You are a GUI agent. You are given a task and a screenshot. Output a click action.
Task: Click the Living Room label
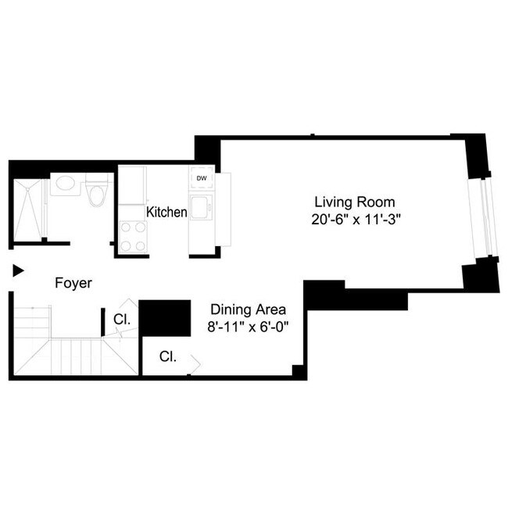(349, 202)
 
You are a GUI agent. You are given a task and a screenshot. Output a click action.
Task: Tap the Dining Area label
(246, 309)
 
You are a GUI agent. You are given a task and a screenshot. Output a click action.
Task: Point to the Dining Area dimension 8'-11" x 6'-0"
(246, 327)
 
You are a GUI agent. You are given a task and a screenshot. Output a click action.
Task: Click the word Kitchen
(166, 212)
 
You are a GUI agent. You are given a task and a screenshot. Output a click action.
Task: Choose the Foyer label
(73, 283)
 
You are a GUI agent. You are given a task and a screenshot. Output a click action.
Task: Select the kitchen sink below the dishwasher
(202, 209)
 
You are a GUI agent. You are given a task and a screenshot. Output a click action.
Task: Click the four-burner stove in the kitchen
(133, 236)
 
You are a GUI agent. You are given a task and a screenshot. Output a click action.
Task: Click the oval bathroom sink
(63, 186)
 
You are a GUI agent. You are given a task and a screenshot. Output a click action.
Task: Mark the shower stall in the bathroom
(29, 209)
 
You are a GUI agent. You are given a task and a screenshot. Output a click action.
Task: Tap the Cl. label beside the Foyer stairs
(121, 319)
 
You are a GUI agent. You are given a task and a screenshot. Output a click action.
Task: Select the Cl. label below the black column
(168, 356)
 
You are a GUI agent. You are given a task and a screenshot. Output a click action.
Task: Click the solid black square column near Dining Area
(166, 318)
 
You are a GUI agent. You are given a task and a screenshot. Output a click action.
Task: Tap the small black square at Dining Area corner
(297, 371)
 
